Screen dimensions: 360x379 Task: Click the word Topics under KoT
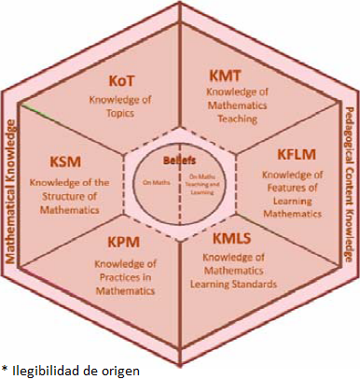pyautogui.click(x=125, y=113)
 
